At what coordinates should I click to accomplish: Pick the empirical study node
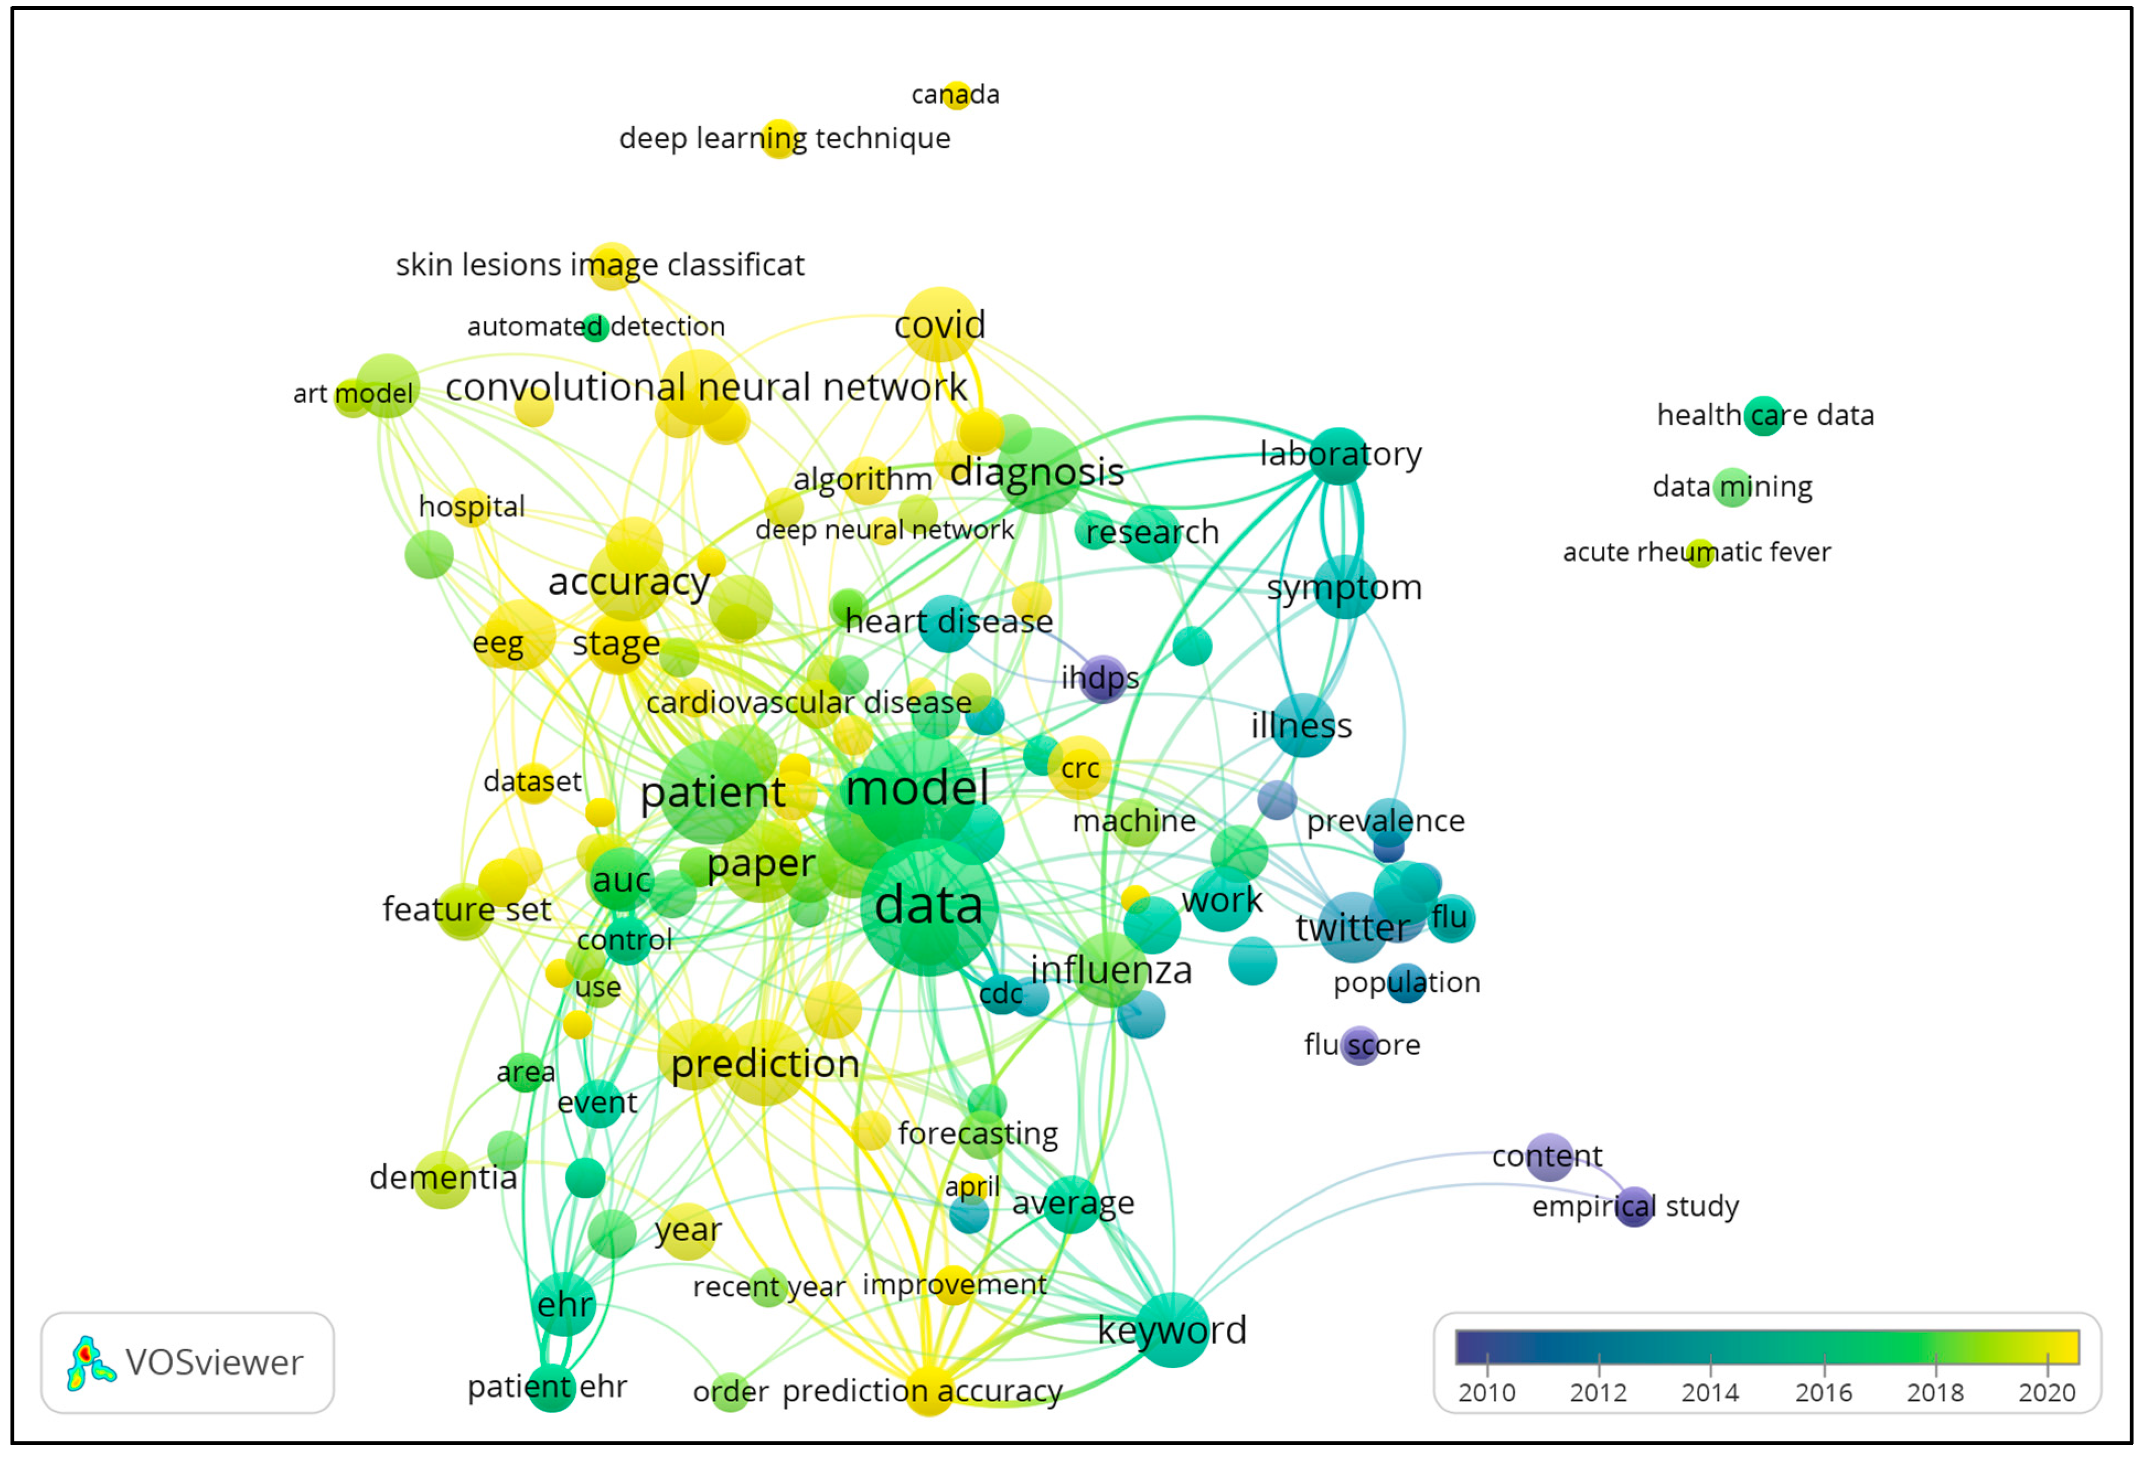(1634, 1206)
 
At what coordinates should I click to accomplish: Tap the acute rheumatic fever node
(1700, 553)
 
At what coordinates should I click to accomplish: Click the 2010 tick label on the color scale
(1486, 1393)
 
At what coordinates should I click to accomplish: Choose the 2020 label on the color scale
(2046, 1393)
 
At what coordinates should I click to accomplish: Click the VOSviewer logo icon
(89, 1362)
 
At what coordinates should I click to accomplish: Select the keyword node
(1172, 1330)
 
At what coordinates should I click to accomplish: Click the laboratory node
(1338, 455)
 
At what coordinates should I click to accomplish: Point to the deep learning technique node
(780, 138)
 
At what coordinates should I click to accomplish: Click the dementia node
(443, 1178)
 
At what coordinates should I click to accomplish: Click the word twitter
(1353, 927)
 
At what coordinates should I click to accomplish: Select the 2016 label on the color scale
(1823, 1393)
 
